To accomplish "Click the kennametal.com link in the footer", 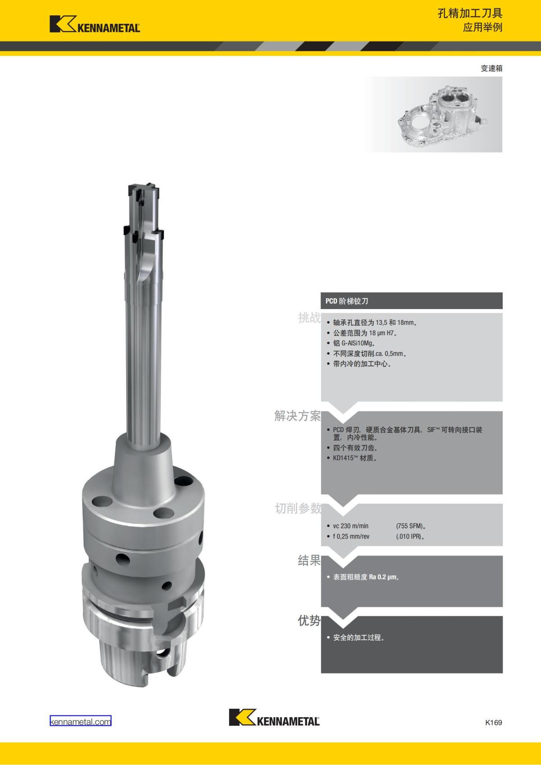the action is (x=81, y=721).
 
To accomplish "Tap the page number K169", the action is (x=494, y=722).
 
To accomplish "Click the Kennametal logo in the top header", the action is (x=95, y=24).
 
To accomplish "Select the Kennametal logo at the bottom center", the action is (x=274, y=717).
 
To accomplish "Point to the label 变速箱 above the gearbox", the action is (x=491, y=68).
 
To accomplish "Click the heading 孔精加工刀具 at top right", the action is (x=470, y=14).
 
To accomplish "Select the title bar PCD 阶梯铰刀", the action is (x=412, y=301).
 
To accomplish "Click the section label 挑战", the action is (x=309, y=318).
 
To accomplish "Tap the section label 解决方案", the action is (x=298, y=416).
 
